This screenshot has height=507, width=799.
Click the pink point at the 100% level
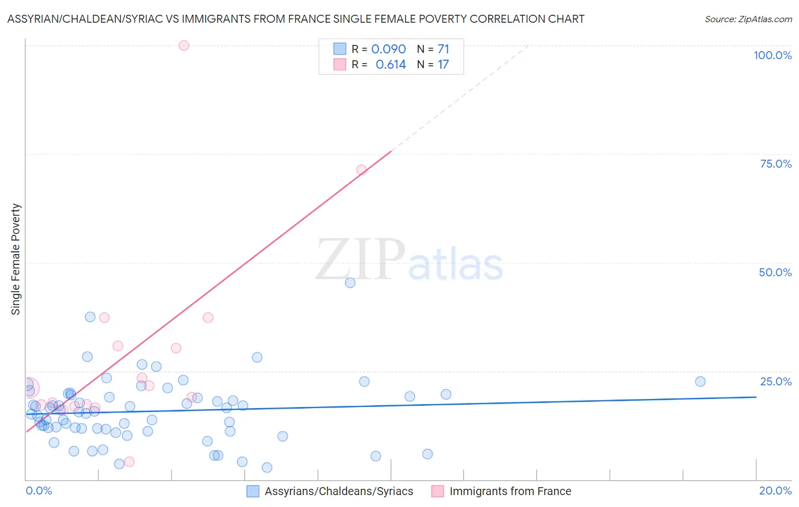[184, 45]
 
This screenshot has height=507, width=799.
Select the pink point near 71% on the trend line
[361, 170]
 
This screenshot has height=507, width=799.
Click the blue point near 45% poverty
[350, 282]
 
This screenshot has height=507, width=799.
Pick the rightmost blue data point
[700, 381]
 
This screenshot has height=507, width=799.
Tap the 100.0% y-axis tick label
[772, 55]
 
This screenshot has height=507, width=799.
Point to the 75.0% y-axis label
[776, 164]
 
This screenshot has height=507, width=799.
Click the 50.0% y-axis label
[775, 272]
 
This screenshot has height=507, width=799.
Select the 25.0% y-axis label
[776, 381]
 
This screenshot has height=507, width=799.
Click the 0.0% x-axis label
[39, 491]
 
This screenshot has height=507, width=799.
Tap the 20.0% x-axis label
[775, 491]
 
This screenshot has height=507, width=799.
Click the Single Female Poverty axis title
[16, 259]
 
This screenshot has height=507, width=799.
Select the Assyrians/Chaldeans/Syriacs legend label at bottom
[339, 491]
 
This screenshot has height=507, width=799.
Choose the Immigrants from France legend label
[510, 491]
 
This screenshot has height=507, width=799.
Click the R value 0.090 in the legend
[389, 49]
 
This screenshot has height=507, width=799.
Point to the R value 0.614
[391, 65]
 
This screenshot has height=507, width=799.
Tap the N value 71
[443, 49]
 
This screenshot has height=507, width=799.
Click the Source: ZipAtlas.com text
[748, 19]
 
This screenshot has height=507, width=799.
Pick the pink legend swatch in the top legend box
[339, 64]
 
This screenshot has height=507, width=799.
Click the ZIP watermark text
[360, 260]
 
